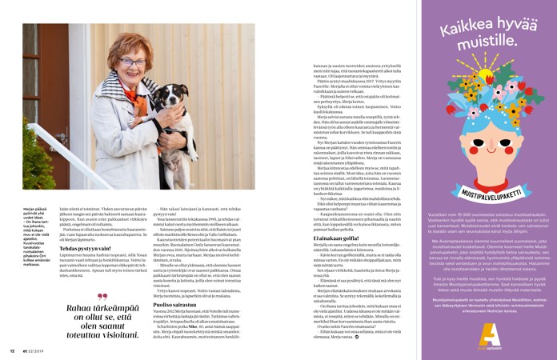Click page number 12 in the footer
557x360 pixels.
pyautogui.click(x=12, y=350)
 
